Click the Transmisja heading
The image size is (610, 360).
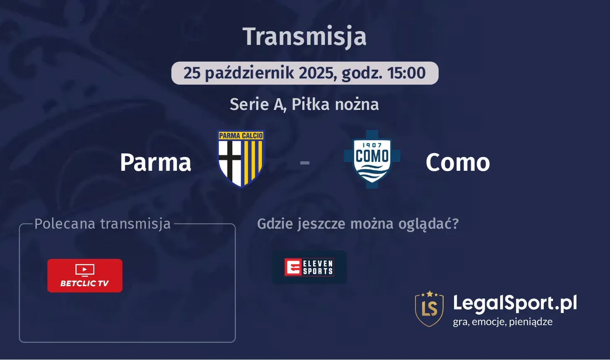(x=304, y=37)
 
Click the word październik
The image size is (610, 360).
(x=249, y=73)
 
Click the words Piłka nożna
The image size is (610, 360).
(x=335, y=104)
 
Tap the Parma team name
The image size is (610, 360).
(x=156, y=162)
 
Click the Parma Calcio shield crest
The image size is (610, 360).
(x=241, y=159)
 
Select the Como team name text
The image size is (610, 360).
(x=458, y=162)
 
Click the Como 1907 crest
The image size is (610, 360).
(x=372, y=159)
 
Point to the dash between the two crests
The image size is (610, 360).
(x=304, y=163)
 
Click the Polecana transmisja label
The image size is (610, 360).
(x=102, y=224)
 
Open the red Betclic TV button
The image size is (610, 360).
(x=85, y=276)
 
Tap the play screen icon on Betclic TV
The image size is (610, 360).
(x=85, y=270)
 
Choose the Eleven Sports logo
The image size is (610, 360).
(x=309, y=267)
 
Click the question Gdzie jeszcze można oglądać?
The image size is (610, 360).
(x=358, y=224)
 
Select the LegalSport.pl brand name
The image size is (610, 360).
(x=515, y=303)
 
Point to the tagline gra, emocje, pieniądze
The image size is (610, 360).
(x=503, y=322)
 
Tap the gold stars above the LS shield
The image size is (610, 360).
(x=429, y=294)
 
